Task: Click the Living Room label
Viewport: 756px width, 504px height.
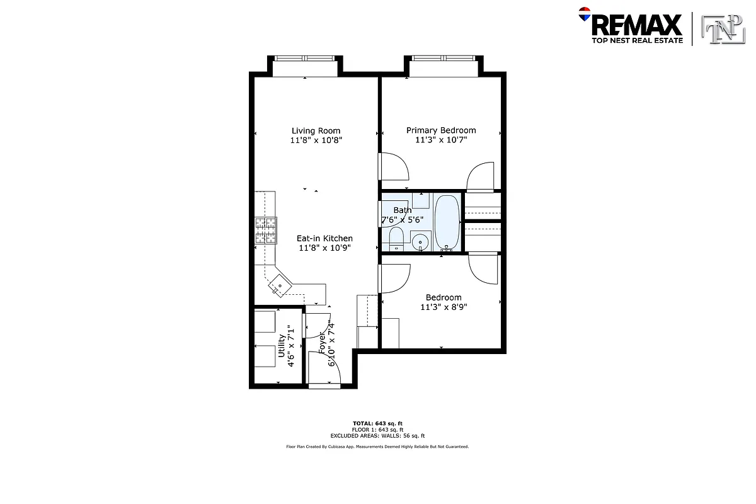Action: [x=316, y=131]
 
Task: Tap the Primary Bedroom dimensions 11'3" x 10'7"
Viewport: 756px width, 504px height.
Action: [x=440, y=140]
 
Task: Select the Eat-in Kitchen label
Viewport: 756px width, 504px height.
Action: [x=324, y=238]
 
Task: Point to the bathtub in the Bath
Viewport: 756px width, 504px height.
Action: [x=447, y=222]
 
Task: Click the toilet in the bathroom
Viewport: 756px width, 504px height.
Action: [x=396, y=239]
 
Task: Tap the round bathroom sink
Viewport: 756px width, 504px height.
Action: [x=420, y=241]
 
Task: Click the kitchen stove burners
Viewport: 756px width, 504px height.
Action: [x=266, y=230]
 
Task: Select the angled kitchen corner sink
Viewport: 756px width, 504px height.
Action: [x=279, y=287]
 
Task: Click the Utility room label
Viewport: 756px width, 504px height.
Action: [x=281, y=345]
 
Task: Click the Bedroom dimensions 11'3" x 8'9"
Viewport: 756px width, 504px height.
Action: [x=444, y=307]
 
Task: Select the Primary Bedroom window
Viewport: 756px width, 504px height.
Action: [x=443, y=59]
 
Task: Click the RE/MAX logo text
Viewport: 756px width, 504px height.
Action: [x=636, y=25]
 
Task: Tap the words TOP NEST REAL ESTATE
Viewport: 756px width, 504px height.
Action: [x=636, y=40]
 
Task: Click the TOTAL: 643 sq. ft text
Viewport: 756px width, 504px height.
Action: [x=377, y=423]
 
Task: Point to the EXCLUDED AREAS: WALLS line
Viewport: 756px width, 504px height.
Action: [x=377, y=435]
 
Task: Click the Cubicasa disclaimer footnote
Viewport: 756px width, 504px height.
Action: [x=377, y=447]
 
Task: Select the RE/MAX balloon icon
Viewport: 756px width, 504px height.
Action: [x=584, y=14]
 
